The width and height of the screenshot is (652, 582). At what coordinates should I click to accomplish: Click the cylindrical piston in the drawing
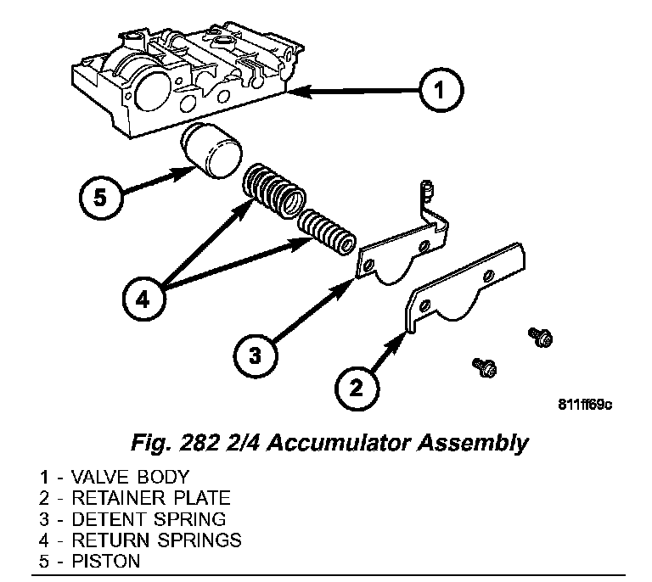[x=213, y=149]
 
